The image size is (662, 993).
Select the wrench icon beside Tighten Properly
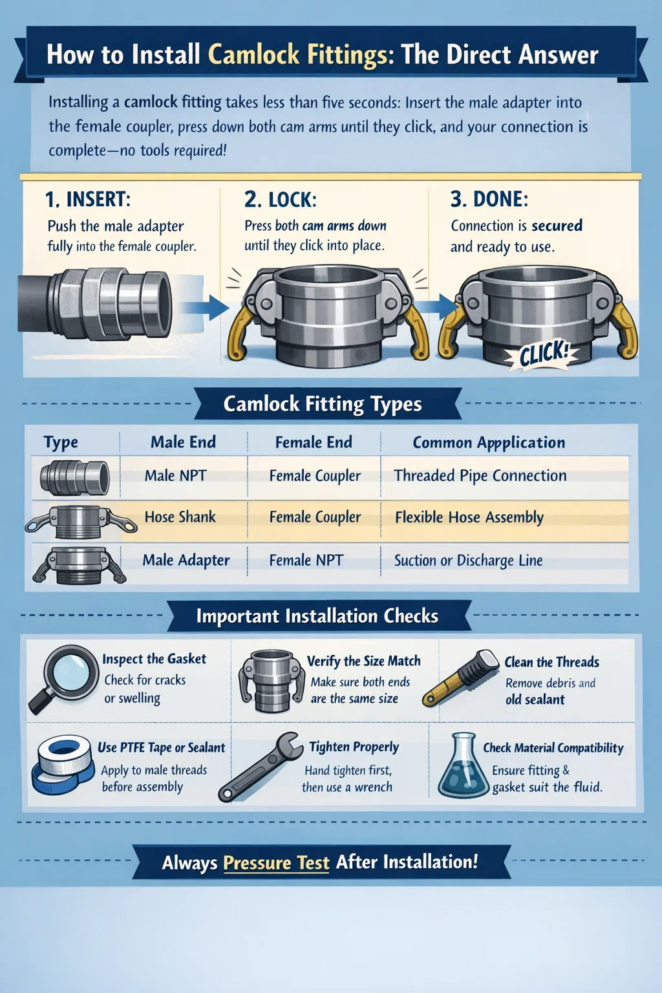[257, 767]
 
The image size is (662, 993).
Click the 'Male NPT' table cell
[176, 476]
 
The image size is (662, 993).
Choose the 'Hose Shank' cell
[180, 517]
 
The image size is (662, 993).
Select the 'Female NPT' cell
[306, 561]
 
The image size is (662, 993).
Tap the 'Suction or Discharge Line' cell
[468, 561]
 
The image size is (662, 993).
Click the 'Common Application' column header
[489, 442]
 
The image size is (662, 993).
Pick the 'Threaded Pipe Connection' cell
[480, 476]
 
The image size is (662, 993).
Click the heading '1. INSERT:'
[88, 200]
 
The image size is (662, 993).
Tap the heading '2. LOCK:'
[280, 200]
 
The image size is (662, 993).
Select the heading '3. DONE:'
[489, 199]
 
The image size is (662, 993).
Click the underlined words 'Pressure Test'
[276, 862]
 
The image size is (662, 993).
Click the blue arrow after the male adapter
[205, 307]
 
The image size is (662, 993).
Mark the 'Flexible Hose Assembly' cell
[469, 517]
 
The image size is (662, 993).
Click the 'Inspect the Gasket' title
[154, 659]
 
